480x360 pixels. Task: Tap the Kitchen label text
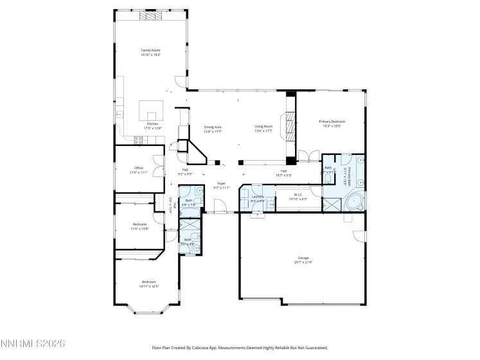153,125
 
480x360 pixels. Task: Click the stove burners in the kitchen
138,139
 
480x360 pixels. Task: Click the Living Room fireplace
291,127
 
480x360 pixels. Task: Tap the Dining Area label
213,128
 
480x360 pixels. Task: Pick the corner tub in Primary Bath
353,203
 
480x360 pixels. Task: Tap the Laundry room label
258,197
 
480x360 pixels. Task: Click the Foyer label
221,184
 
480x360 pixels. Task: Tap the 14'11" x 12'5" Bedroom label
149,283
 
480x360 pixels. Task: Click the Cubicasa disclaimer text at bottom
240,346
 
